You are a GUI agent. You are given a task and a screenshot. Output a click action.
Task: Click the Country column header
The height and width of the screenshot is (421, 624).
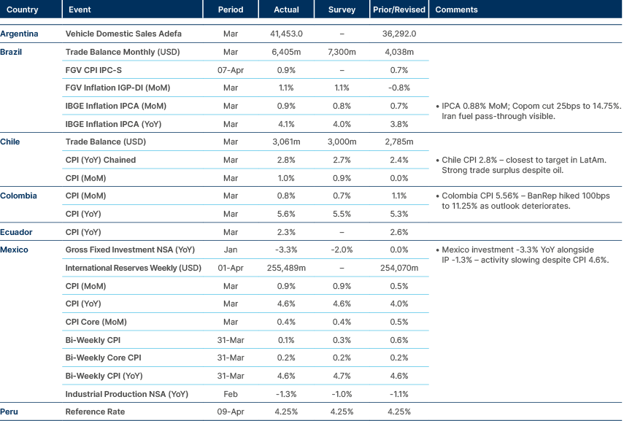pyautogui.click(x=22, y=9)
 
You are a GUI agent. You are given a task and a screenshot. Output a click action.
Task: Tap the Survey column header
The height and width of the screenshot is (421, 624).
pyautogui.click(x=342, y=9)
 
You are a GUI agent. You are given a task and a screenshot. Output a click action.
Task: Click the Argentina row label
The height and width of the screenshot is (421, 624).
pyautogui.click(x=20, y=34)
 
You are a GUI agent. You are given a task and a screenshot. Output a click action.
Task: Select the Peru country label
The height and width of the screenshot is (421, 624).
pyautogui.click(x=10, y=412)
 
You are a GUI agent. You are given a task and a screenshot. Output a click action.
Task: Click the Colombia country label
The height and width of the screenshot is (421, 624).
pyautogui.click(x=19, y=196)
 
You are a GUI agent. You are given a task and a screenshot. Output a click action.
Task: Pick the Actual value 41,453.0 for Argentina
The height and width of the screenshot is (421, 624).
pyautogui.click(x=286, y=34)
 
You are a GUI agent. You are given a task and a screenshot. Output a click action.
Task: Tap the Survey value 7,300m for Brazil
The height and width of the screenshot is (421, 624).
pyautogui.click(x=342, y=53)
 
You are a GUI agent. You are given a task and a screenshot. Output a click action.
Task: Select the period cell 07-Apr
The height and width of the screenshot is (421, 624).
pyautogui.click(x=231, y=71)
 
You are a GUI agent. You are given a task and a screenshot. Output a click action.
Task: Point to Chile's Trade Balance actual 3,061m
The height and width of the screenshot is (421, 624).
pyautogui.click(x=286, y=142)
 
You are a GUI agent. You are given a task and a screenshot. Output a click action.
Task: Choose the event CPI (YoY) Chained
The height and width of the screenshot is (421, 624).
pyautogui.click(x=101, y=161)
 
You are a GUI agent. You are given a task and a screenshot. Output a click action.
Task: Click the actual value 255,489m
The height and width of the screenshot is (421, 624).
pyautogui.click(x=286, y=269)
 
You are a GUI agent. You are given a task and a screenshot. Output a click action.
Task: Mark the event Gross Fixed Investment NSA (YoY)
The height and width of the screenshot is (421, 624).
pyautogui.click(x=130, y=250)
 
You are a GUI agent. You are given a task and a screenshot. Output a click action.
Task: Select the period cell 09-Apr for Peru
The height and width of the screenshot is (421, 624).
pyautogui.click(x=231, y=412)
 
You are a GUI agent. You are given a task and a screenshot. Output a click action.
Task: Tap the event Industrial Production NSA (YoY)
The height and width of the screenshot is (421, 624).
pyautogui.click(x=127, y=394)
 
